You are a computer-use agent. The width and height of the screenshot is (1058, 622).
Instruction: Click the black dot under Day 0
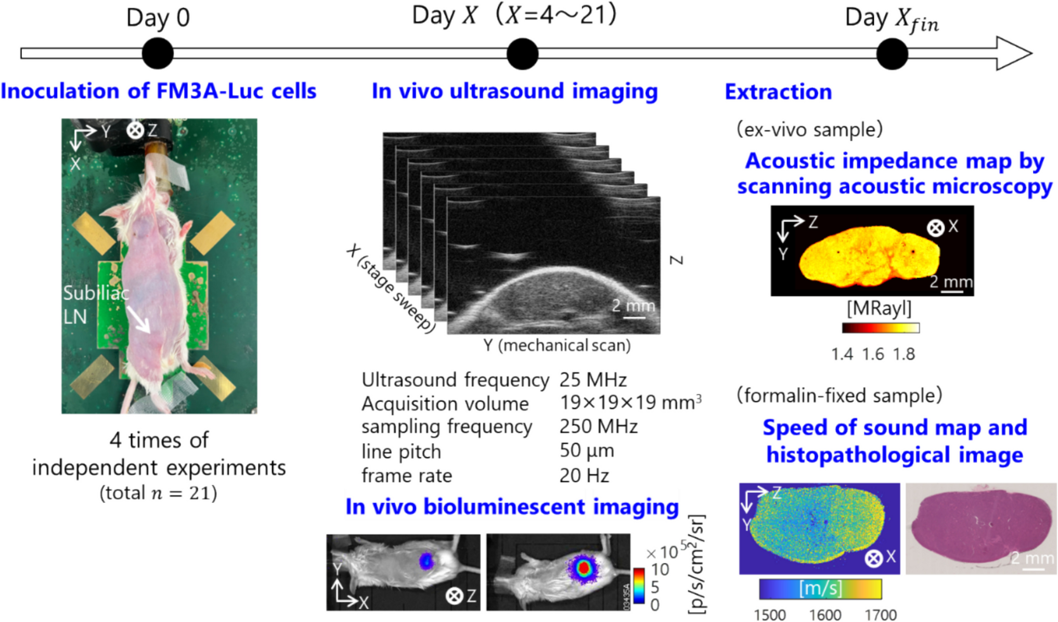click(158, 54)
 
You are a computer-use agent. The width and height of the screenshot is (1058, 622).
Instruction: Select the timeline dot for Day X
click(522, 54)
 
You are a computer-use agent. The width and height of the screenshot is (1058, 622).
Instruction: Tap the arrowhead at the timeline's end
click(1014, 53)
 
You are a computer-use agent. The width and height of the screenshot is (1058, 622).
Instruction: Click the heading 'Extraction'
click(778, 92)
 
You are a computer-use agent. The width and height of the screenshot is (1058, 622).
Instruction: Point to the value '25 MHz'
click(593, 380)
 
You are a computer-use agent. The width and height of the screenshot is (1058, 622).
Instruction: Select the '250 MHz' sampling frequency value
click(598, 426)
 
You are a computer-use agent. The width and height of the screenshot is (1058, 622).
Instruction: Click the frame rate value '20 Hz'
click(584, 475)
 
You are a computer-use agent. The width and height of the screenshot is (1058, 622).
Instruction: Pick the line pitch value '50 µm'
click(587, 451)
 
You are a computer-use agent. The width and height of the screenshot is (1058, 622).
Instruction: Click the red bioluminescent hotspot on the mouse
click(584, 568)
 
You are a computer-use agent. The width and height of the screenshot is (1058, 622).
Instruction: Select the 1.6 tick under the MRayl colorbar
click(873, 354)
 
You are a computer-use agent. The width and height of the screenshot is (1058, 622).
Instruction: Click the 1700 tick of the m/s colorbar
click(881, 615)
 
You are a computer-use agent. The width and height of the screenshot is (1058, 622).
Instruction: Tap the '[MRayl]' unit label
click(879, 308)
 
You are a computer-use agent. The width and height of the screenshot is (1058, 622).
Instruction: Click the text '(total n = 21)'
click(158, 493)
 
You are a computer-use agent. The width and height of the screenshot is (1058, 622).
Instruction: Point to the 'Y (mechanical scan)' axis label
click(557, 345)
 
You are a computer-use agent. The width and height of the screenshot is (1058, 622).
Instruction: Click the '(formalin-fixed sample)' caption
click(839, 396)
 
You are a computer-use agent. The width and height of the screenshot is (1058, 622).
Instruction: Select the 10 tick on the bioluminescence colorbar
click(660, 569)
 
